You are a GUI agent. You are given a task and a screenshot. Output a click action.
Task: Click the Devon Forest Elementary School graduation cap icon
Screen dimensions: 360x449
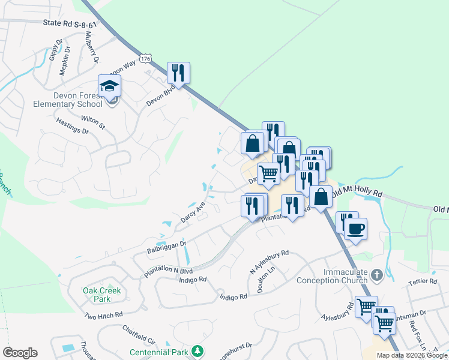[110, 86]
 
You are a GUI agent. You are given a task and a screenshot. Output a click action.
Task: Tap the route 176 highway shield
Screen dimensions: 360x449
[145, 58]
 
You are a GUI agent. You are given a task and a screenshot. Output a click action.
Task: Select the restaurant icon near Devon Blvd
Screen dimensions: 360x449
[178, 73]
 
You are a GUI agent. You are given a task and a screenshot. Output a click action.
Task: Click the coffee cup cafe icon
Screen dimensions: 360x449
[356, 229]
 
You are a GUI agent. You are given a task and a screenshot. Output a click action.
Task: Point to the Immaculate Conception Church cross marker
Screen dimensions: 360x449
[376, 275]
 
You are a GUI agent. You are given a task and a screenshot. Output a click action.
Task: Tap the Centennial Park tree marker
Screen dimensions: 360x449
[197, 351]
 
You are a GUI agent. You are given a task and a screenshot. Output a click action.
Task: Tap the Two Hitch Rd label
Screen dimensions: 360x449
[103, 315]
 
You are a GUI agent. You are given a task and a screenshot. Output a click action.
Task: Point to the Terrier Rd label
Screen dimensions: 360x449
[425, 281]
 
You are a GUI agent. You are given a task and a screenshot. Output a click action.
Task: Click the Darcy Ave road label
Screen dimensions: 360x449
[193, 212]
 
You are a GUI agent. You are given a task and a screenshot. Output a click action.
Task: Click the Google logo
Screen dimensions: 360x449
[20, 353]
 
